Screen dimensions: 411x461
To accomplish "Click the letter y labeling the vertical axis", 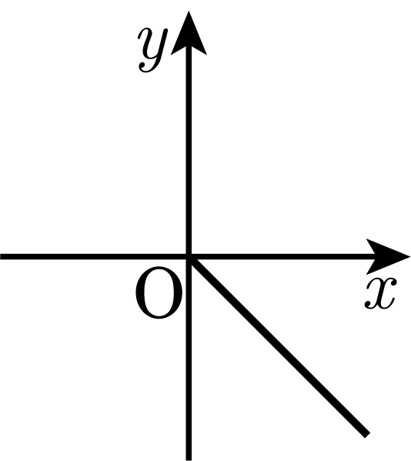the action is pyautogui.click(x=153, y=50).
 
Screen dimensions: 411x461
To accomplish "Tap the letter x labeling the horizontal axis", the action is pyautogui.click(x=381, y=293).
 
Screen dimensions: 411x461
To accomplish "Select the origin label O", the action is pyautogui.click(x=159, y=292).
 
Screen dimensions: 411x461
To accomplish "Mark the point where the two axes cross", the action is pyautogui.click(x=189, y=256).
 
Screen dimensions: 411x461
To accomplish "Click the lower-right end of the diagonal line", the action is pyautogui.click(x=367, y=436).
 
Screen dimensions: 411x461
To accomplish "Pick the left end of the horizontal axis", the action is pyautogui.click(x=1, y=256).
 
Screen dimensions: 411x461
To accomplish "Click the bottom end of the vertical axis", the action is pyautogui.click(x=189, y=459).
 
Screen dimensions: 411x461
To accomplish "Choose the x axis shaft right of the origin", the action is pyautogui.click(x=282, y=256).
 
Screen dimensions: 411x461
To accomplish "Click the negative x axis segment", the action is pyautogui.click(x=95, y=256).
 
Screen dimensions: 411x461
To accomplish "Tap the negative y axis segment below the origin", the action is pyautogui.click(x=189, y=359).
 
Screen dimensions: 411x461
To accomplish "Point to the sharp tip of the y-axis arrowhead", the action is pyautogui.click(x=189, y=12).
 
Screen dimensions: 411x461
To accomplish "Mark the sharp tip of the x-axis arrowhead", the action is pyautogui.click(x=410, y=256).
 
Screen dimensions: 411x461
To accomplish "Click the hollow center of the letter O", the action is pyautogui.click(x=159, y=292).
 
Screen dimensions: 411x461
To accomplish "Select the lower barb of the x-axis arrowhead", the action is pyautogui.click(x=371, y=269).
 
